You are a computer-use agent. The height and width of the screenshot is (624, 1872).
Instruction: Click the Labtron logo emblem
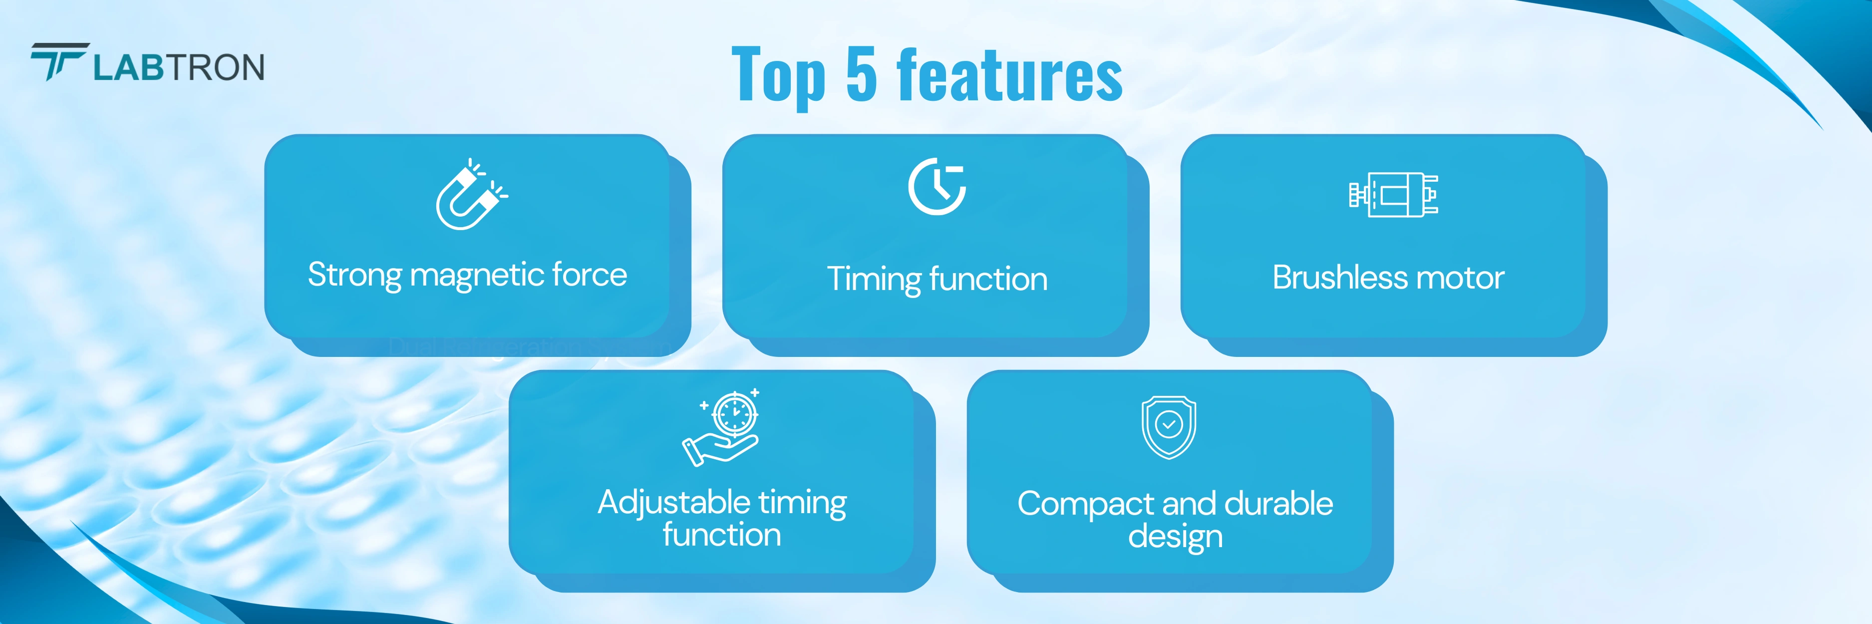(x=59, y=62)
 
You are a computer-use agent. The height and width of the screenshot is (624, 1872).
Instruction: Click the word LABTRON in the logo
(x=179, y=67)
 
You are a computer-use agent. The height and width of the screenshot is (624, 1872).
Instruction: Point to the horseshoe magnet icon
(x=471, y=194)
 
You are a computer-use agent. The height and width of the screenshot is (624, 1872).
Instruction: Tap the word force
(x=590, y=275)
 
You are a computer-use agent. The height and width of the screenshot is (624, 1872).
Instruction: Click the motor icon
(x=1393, y=194)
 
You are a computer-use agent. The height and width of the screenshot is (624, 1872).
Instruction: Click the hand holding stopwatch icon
(x=721, y=427)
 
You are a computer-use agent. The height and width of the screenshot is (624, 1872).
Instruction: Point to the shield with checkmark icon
(x=1169, y=427)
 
